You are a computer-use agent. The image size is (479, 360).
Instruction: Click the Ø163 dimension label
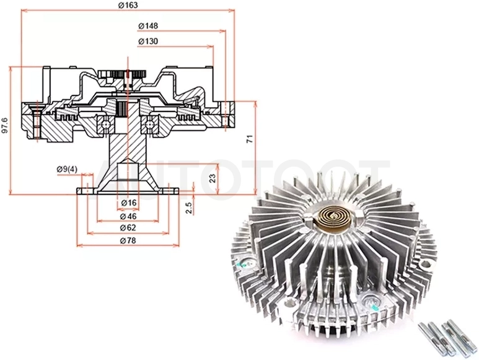click(x=128, y=5)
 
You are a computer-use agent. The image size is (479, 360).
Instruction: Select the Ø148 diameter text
click(x=148, y=26)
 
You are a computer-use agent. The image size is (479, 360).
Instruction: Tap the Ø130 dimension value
click(x=148, y=42)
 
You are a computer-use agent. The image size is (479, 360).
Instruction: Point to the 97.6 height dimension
click(x=5, y=125)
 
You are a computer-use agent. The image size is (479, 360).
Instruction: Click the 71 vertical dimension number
click(x=250, y=139)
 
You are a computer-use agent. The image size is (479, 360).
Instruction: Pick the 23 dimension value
click(x=213, y=178)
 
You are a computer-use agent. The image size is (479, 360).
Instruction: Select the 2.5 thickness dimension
click(x=189, y=208)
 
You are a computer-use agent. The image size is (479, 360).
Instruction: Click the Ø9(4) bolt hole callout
click(x=67, y=169)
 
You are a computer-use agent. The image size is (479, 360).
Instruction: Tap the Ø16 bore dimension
click(x=128, y=203)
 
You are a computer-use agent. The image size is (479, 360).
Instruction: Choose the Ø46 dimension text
click(x=128, y=216)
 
